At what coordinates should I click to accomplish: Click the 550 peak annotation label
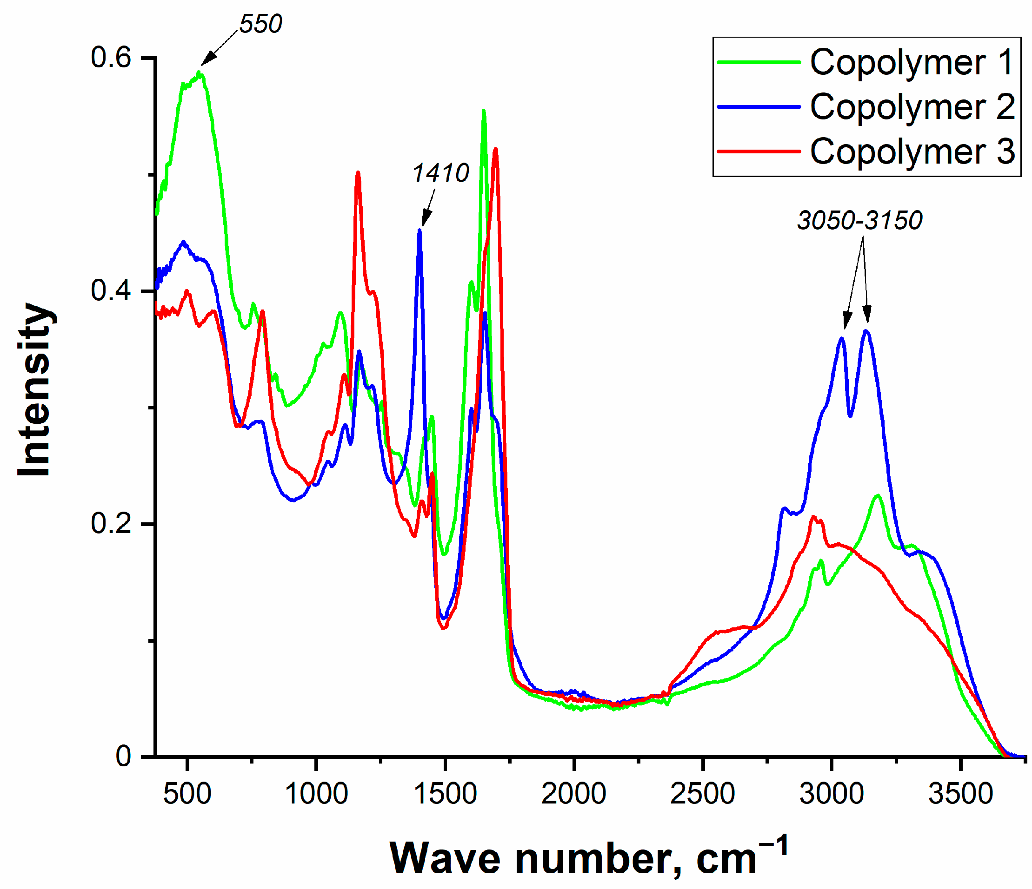[260, 23]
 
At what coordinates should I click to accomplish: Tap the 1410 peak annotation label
[441, 173]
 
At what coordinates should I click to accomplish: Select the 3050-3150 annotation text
[859, 221]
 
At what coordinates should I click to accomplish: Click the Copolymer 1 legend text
[912, 63]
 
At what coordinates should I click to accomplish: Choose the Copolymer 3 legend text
[912, 151]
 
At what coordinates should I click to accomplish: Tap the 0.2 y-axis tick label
[111, 524]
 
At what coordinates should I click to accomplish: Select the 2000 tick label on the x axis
[574, 794]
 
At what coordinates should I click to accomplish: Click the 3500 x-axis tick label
[960, 794]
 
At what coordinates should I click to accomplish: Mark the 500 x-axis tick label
[187, 794]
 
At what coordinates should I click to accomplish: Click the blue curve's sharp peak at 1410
[420, 230]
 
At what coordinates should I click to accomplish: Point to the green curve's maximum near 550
[199, 73]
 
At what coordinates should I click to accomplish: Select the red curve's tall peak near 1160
[358, 173]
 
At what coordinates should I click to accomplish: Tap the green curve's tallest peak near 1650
[483, 112]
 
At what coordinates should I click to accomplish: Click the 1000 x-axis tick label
[316, 794]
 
